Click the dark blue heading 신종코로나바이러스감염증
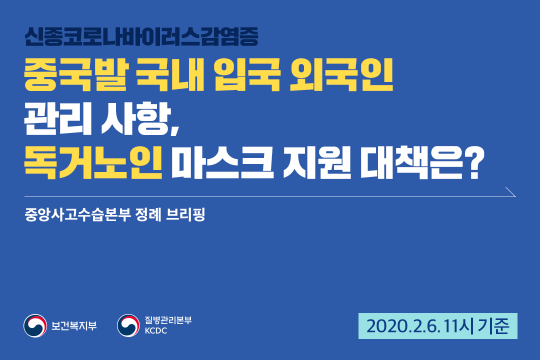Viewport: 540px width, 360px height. tap(141, 36)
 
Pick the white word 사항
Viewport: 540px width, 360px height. tap(140, 119)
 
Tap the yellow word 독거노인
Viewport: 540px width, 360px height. tap(93, 162)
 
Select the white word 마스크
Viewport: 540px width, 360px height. tap(222, 162)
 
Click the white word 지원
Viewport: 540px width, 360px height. tap(317, 162)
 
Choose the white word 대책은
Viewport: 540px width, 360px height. tap(411, 162)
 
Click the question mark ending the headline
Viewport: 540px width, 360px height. tap(474, 162)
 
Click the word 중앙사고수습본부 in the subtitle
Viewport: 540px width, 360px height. tap(78, 214)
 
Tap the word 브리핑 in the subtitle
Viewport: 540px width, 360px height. tap(185, 214)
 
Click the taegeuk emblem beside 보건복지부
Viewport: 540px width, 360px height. tap(35, 325)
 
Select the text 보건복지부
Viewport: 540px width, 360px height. tap(74, 325)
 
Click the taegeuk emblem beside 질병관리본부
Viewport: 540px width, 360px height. tap(128, 325)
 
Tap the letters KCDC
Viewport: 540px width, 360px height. tap(155, 330)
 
